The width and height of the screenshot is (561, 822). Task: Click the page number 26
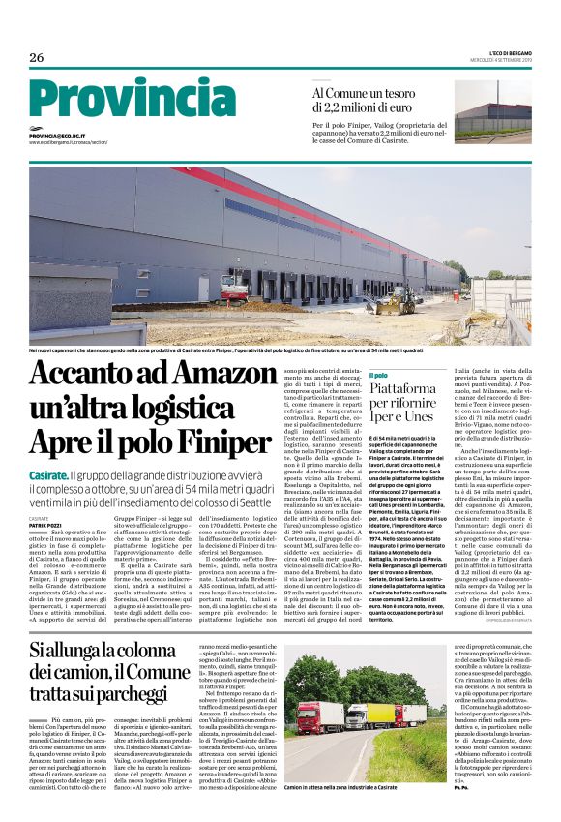click(37, 58)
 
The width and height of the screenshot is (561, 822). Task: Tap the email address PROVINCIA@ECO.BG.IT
click(57, 137)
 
